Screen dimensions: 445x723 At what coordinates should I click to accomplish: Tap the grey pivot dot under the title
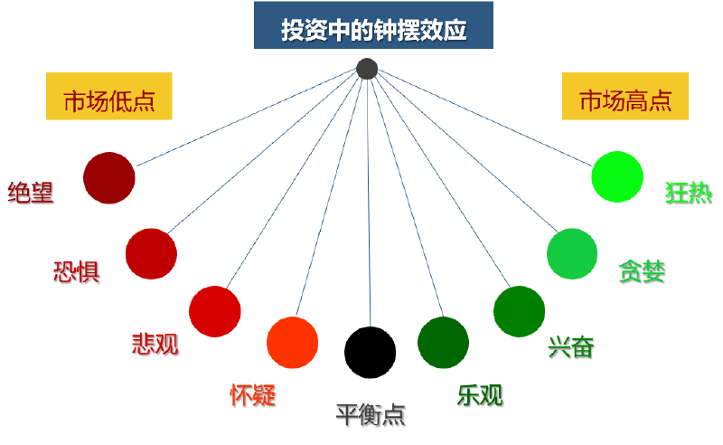click(x=366, y=69)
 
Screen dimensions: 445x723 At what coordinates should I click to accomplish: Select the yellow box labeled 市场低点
click(x=108, y=100)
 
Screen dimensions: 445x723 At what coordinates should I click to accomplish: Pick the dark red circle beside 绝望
click(x=108, y=178)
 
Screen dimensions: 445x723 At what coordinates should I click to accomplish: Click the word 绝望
click(x=31, y=193)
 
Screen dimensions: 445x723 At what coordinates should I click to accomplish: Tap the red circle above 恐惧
click(x=151, y=254)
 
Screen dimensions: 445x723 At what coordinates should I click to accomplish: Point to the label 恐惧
click(x=77, y=271)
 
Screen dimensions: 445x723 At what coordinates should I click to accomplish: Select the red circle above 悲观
click(x=214, y=311)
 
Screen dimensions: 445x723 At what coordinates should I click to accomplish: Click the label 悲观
click(x=155, y=343)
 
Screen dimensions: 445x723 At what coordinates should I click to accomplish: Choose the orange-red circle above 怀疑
click(x=293, y=343)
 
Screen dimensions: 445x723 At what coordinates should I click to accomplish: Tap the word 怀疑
click(x=253, y=394)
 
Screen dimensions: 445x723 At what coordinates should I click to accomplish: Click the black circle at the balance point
click(x=371, y=352)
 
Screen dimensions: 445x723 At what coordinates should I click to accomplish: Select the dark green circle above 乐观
click(x=443, y=343)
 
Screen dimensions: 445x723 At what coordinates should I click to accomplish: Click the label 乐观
click(x=480, y=395)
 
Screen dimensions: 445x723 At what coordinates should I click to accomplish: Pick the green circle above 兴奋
click(x=519, y=311)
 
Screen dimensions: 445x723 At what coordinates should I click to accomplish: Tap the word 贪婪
click(x=642, y=271)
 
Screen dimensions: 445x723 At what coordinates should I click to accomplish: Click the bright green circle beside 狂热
click(x=617, y=176)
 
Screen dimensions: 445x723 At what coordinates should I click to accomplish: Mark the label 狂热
click(x=689, y=193)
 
